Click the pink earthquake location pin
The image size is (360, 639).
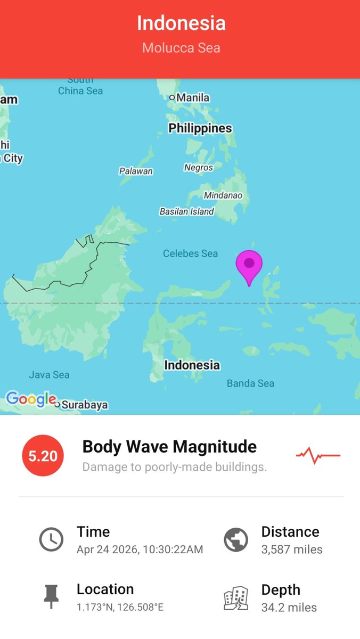coord(249,265)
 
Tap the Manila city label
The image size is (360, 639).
coord(192,97)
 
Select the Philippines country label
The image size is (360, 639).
coord(200,128)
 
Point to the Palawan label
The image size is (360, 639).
coord(136,171)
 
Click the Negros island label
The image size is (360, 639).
coord(199,168)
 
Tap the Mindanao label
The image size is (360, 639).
coord(223,195)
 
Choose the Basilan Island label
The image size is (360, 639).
coord(187,211)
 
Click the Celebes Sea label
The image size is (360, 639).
coord(190,253)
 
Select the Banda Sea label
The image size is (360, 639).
coord(250,383)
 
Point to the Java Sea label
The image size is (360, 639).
coord(49,375)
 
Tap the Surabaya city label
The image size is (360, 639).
coord(84,405)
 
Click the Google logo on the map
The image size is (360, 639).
coord(31,399)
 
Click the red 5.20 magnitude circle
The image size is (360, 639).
coord(43,456)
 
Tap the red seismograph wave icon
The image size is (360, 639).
coord(318,455)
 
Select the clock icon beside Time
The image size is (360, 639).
coord(51,540)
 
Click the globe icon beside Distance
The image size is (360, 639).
coord(236,540)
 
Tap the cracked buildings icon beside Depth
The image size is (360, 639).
coord(236,598)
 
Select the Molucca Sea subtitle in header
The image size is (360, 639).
coord(181,48)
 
